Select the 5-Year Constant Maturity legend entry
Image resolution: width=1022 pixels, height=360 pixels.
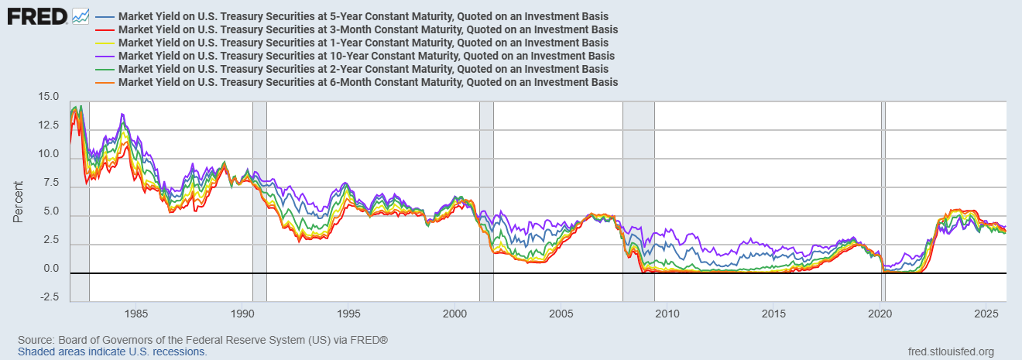[x=363, y=16]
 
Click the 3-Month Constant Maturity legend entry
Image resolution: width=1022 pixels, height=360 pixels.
[x=368, y=29]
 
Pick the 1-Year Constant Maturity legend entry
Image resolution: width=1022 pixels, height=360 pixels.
[x=363, y=43]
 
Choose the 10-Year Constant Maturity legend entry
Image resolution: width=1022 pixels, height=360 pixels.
[x=366, y=56]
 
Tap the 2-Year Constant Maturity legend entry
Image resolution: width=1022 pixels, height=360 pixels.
[x=363, y=69]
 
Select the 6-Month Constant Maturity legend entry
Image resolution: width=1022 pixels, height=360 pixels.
[x=368, y=82]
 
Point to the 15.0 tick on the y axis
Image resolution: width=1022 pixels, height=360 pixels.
[x=49, y=97]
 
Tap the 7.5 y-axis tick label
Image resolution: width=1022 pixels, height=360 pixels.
[x=51, y=183]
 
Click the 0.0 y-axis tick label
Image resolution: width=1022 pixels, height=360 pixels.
[x=51, y=269]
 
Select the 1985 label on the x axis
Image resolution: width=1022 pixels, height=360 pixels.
[x=136, y=314]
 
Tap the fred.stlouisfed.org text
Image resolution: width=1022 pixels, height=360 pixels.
[x=950, y=351]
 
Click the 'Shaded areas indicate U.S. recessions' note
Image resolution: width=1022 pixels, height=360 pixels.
[x=112, y=351]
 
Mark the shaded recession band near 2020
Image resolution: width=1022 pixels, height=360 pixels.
[x=883, y=201]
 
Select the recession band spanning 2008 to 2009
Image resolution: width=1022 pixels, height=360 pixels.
[x=639, y=201]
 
